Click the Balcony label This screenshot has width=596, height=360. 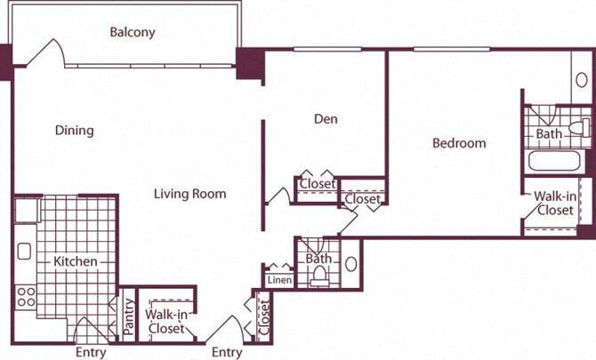[x=133, y=33]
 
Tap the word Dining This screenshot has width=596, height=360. [x=74, y=131]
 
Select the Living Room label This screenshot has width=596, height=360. [x=189, y=193]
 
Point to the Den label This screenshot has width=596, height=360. [x=326, y=118]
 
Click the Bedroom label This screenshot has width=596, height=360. [x=459, y=143]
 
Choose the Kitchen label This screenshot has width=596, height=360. [x=76, y=261]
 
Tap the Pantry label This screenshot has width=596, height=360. [x=129, y=316]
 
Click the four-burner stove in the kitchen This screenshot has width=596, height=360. [x=26, y=295]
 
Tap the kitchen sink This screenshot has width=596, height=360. [x=24, y=251]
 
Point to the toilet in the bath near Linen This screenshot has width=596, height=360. [x=319, y=277]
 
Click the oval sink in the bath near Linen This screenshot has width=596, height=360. [x=350, y=265]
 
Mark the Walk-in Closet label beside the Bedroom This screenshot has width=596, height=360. [x=553, y=204]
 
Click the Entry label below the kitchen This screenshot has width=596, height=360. [x=91, y=352]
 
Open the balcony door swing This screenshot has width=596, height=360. [x=44, y=53]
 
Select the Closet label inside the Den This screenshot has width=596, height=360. [x=317, y=184]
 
